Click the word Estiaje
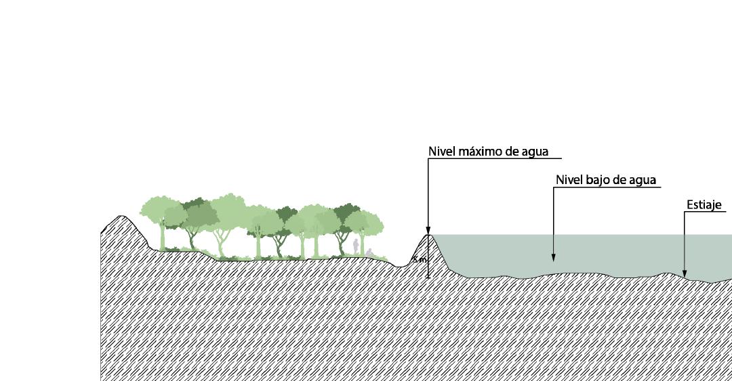click(703, 204)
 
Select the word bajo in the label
click(601, 180)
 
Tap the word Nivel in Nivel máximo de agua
click(442, 152)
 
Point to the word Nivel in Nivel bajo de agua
click(569, 180)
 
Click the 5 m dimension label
click(419, 260)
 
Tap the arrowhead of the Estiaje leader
click(685, 275)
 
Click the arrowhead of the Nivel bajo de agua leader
click(554, 258)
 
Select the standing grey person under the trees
click(356, 246)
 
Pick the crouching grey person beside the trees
click(369, 252)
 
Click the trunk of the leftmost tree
click(162, 238)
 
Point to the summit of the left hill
click(121, 217)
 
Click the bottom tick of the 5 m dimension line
click(428, 277)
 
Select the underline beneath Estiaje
click(708, 212)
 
